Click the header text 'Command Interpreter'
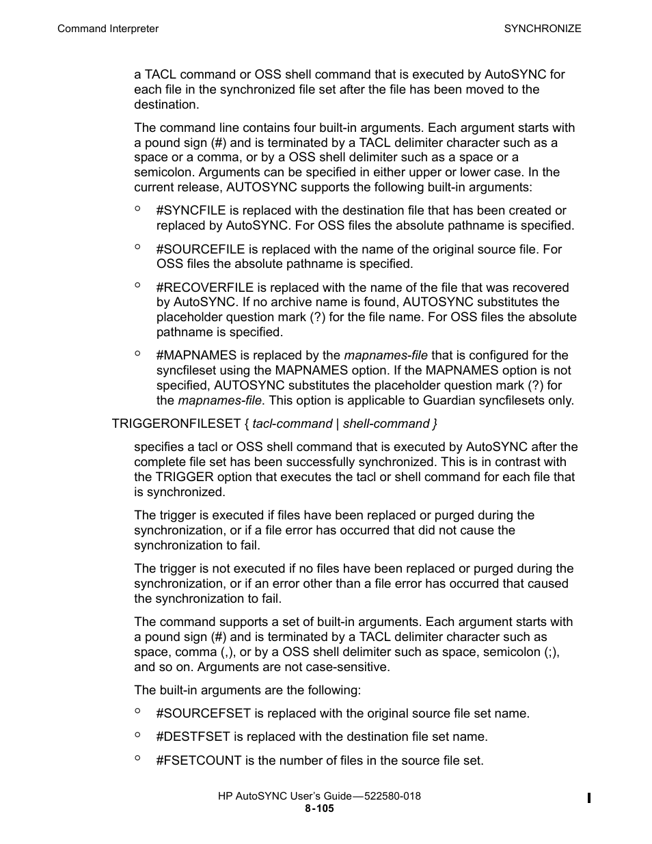(107, 29)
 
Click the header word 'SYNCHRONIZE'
(543, 29)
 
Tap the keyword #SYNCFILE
(191, 210)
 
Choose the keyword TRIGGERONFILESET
(176, 424)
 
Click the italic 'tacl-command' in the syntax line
(292, 424)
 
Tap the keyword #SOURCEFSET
(203, 713)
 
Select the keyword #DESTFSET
(193, 737)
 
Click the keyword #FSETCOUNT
(199, 761)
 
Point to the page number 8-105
(319, 808)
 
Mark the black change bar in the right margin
(588, 798)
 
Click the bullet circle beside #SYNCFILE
(137, 209)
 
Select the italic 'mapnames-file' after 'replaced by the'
(385, 355)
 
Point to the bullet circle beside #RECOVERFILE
(137, 286)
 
